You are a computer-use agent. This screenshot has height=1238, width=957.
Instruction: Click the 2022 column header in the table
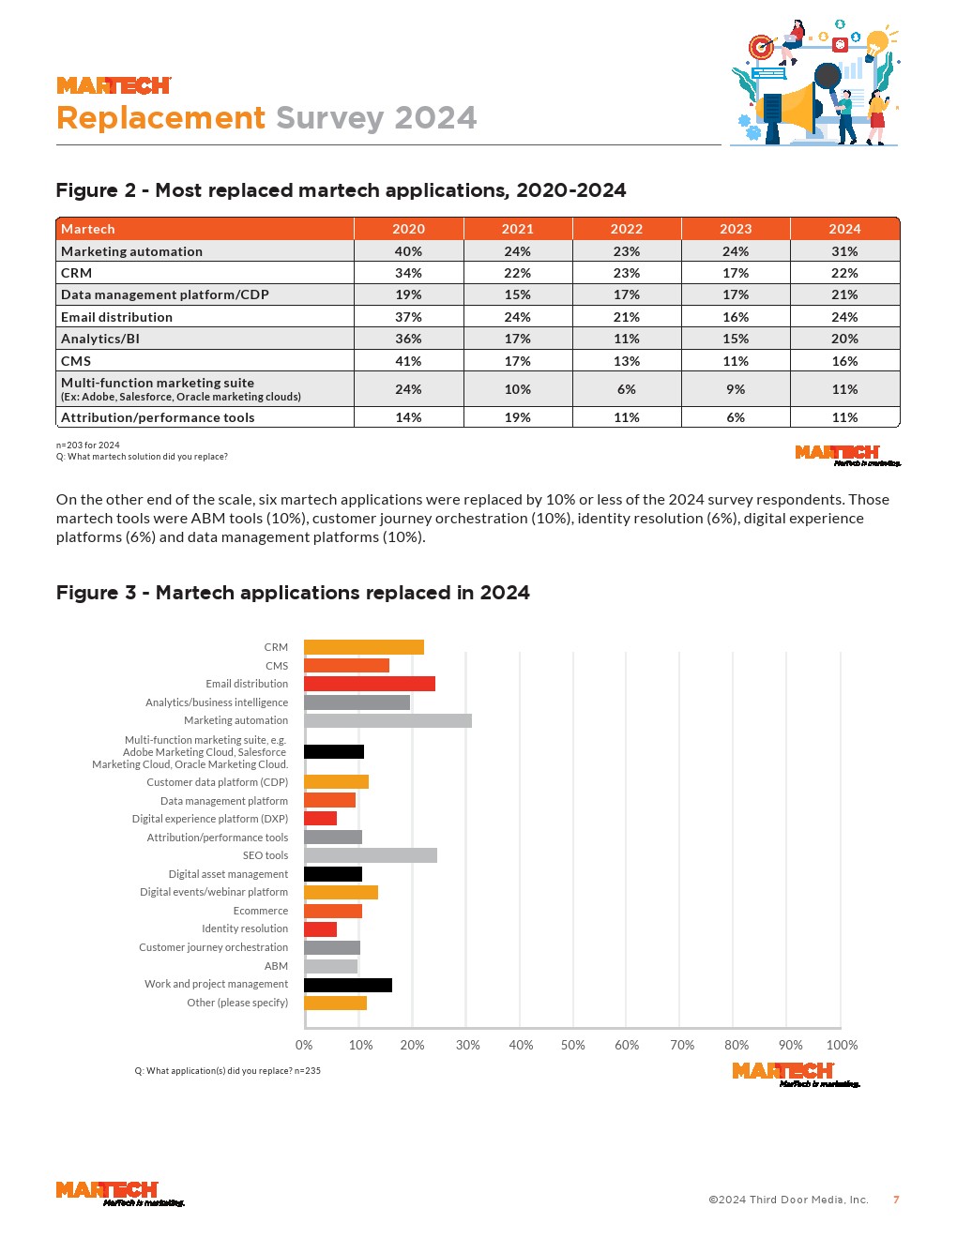627,229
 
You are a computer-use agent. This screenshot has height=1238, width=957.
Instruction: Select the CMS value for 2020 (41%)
408,361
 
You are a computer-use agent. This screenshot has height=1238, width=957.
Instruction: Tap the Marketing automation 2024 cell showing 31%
844,251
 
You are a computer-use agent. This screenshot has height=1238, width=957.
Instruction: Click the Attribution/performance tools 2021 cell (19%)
517,417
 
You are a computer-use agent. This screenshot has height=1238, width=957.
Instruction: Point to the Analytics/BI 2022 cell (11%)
627,339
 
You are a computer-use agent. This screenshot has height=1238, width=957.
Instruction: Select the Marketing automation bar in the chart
387,720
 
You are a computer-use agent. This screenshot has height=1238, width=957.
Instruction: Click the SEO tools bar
371,855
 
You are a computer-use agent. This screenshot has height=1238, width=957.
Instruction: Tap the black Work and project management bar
348,985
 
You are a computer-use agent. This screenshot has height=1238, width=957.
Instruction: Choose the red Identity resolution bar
320,929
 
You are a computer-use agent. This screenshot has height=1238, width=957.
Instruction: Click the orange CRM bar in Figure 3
364,647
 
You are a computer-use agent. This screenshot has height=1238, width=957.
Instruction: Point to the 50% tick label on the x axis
572,1045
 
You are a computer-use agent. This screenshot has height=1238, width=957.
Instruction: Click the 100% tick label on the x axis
842,1045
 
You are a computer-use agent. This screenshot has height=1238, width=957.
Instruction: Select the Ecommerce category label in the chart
261,911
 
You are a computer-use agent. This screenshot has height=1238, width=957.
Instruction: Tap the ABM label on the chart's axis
276,966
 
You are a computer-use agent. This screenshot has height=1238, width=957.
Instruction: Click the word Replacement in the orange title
161,118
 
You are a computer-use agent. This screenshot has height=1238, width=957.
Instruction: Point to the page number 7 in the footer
896,1200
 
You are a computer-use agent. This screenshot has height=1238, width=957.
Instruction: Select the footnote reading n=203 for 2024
88,445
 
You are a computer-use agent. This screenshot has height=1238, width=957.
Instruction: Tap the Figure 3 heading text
293,593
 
